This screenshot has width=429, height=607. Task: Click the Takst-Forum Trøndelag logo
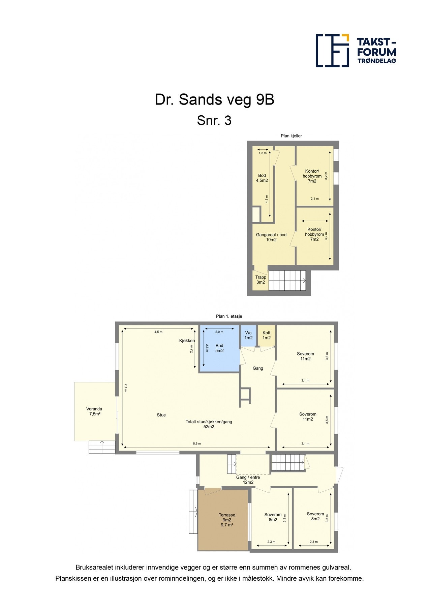click(356, 51)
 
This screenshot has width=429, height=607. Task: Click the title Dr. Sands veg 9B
click(214, 99)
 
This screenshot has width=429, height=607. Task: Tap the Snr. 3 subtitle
click(214, 120)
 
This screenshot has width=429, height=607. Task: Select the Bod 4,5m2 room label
click(262, 178)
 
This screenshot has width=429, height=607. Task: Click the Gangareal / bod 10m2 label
click(271, 237)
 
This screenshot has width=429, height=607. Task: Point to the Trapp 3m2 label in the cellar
click(261, 280)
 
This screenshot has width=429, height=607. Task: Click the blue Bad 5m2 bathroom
click(219, 351)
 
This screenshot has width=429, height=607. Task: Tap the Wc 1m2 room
click(248, 335)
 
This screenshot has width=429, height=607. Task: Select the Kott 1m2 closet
click(267, 335)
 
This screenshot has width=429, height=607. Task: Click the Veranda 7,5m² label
click(94, 411)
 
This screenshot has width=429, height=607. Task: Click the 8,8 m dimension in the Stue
click(197, 444)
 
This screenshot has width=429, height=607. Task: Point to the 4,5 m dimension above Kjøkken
click(158, 332)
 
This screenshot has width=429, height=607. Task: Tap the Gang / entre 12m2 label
click(248, 480)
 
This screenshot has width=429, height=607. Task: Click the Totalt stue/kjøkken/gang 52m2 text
click(209, 424)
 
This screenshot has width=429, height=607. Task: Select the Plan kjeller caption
click(291, 136)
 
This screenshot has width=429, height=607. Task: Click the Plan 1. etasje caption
click(229, 316)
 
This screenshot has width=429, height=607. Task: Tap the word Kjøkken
click(187, 341)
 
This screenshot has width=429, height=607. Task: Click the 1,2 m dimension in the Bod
click(263, 153)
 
